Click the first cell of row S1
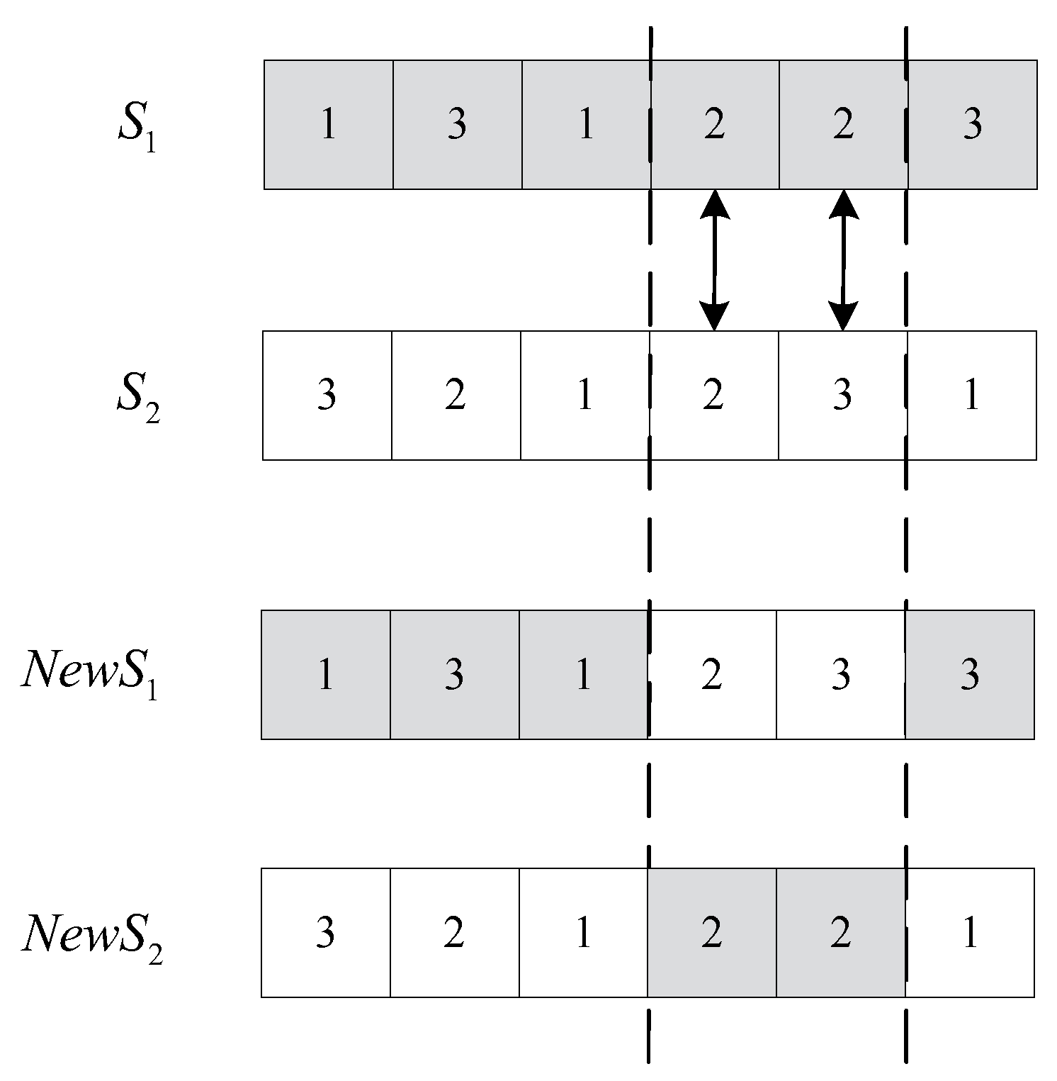pos(328,125)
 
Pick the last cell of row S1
pos(972,125)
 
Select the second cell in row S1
pos(457,125)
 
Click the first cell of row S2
pos(327,396)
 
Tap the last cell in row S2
pos(971,396)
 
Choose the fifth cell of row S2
pos(842,396)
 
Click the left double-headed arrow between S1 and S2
pos(714,260)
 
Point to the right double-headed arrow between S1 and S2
pos(843,260)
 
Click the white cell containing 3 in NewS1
pos(841,675)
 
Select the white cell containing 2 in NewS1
pos(712,675)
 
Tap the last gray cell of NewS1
pos(970,675)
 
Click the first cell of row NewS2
pos(325,933)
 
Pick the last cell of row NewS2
pos(970,933)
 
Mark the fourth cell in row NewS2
pos(712,933)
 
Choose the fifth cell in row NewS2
pos(841,933)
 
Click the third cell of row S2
pos(584,396)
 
